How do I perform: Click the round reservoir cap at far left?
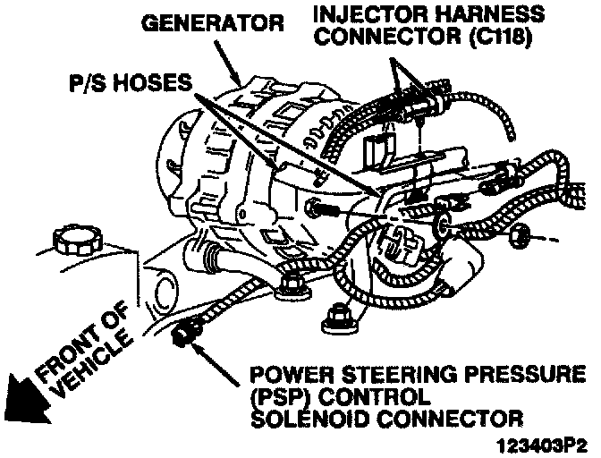[78, 240]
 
